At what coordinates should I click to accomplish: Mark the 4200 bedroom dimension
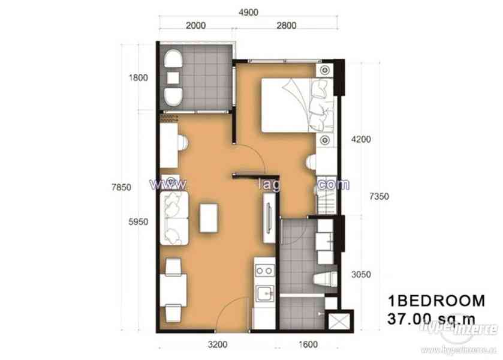click(x=362, y=139)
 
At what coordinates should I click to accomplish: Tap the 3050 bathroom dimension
click(x=362, y=275)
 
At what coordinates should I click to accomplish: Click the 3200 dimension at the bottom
click(x=218, y=345)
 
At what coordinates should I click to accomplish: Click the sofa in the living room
click(x=174, y=214)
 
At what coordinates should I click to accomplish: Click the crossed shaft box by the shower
click(x=338, y=320)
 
